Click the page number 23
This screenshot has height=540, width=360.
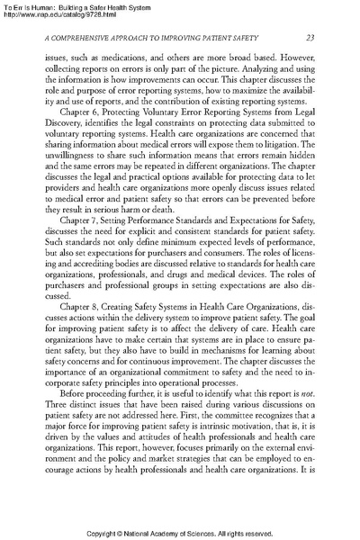309,36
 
